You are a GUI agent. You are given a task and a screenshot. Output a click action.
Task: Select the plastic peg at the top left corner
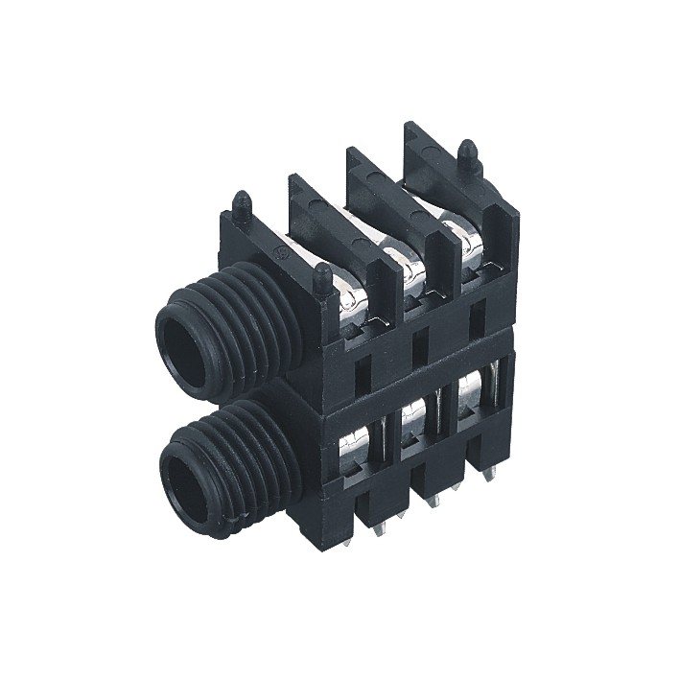pyautogui.click(x=242, y=205)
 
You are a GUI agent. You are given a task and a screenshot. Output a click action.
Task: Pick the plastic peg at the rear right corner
pyautogui.click(x=468, y=152)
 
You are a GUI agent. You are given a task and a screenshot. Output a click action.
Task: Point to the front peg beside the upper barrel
pyautogui.click(x=324, y=278)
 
